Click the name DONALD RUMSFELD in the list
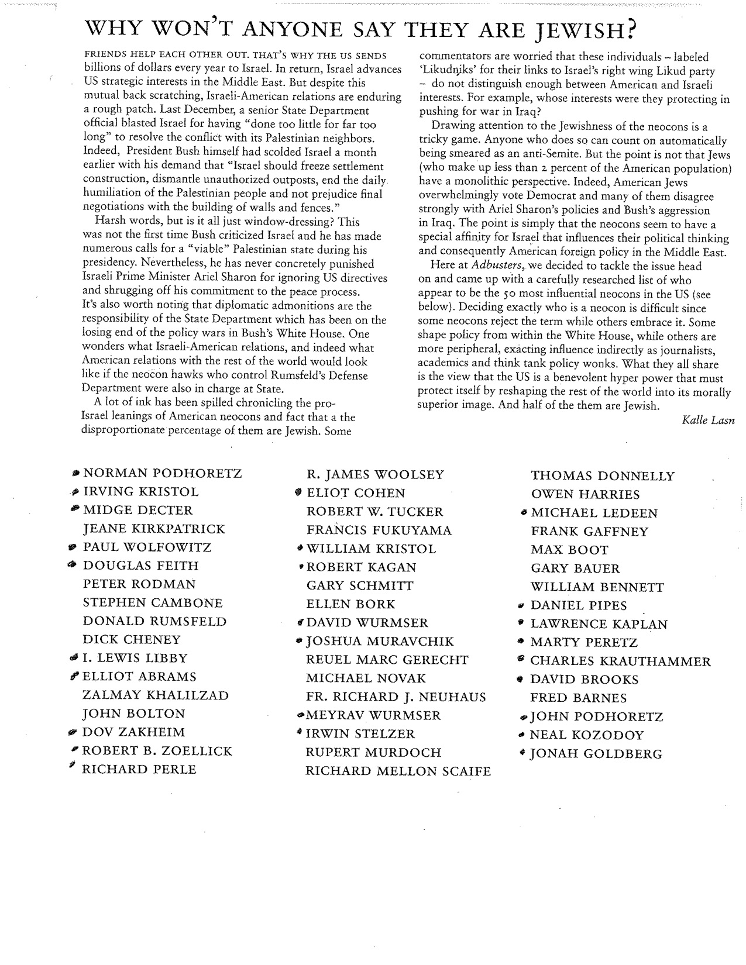(154, 621)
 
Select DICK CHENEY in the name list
(132, 640)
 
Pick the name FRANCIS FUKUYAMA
(379, 530)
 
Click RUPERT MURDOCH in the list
(373, 753)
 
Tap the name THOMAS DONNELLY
(602, 476)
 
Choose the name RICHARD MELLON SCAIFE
(398, 771)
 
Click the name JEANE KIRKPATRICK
(154, 529)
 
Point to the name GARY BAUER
(575, 568)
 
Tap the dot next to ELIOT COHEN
(299, 492)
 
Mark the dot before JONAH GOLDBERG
(522, 753)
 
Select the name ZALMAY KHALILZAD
(156, 695)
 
